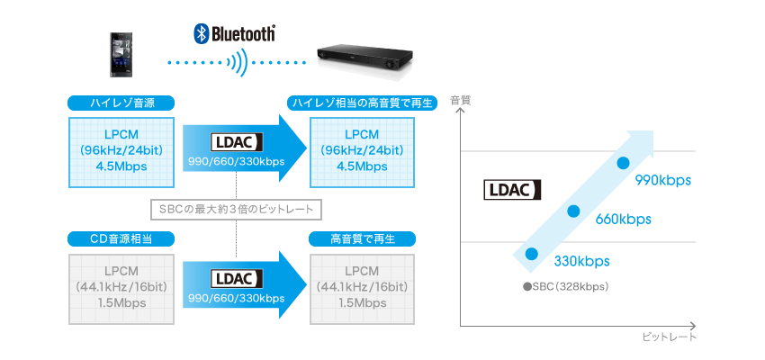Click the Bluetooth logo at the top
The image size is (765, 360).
(x=235, y=33)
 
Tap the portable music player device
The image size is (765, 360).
(x=123, y=55)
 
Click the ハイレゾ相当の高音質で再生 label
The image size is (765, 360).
(x=361, y=103)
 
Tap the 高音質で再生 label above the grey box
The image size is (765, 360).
(x=361, y=238)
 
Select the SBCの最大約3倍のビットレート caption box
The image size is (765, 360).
(x=236, y=210)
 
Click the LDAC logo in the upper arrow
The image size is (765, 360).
(x=235, y=142)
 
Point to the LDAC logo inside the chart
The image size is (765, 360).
(x=510, y=190)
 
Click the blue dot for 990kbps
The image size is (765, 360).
(x=622, y=163)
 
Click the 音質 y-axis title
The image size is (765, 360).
(x=460, y=100)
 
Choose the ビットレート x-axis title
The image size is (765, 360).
(x=670, y=337)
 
